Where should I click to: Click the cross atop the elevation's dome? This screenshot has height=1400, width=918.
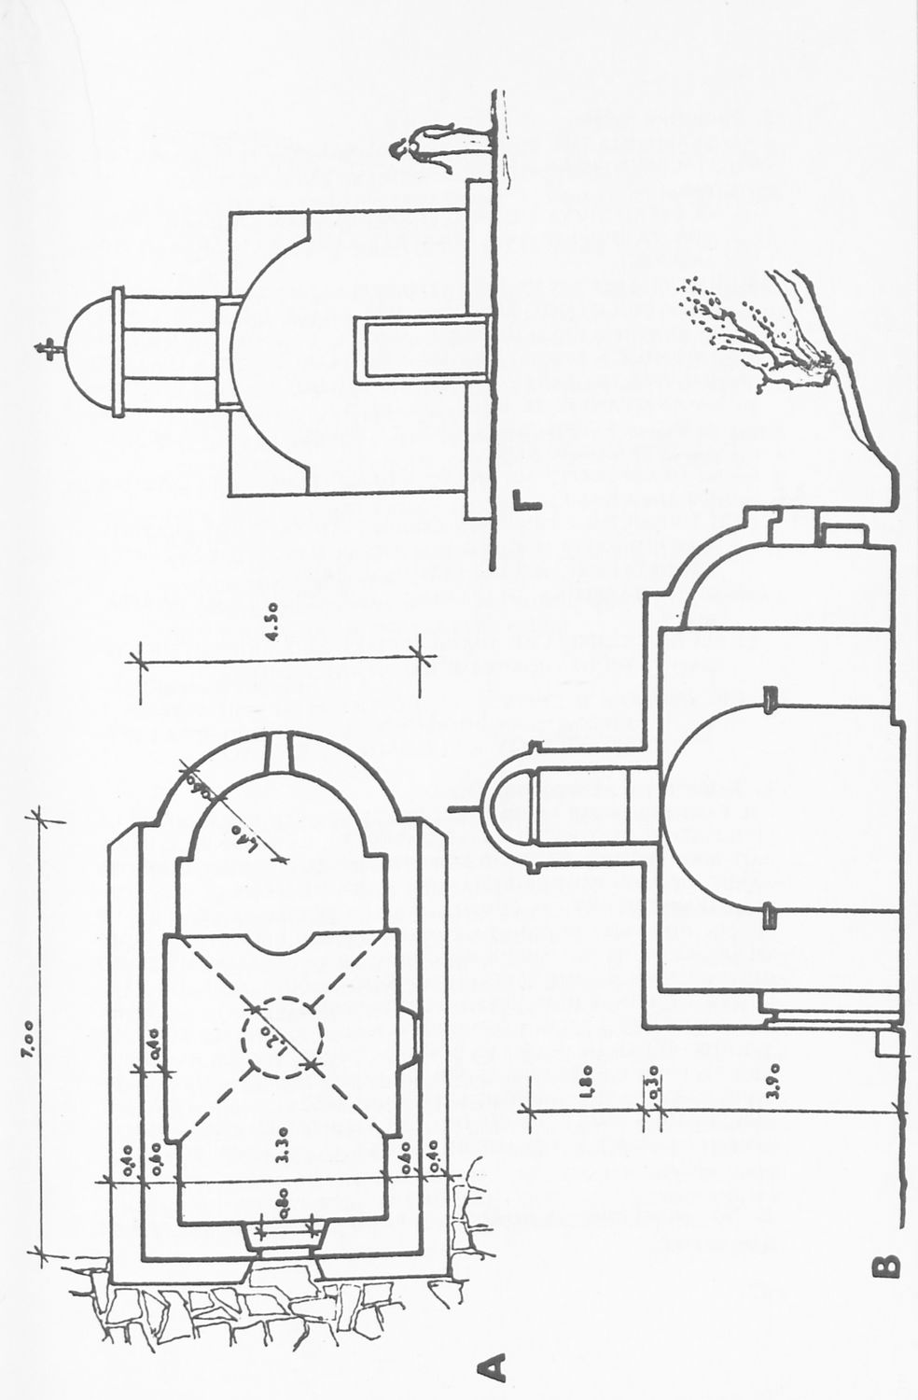45,348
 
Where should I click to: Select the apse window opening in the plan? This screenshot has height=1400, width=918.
281,751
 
